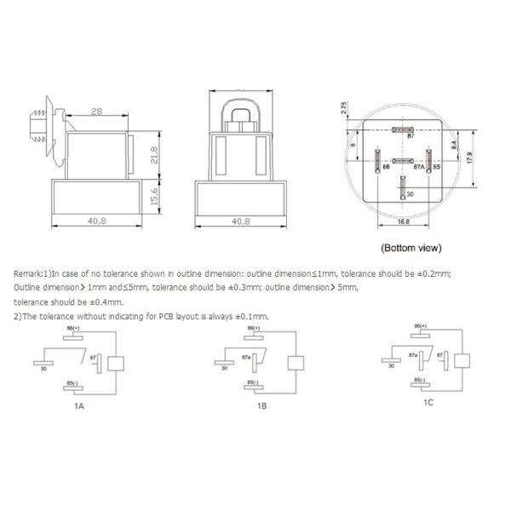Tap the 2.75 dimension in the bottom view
342,108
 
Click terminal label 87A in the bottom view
418,168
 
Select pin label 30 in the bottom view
410,194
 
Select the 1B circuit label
262,405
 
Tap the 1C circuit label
428,402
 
